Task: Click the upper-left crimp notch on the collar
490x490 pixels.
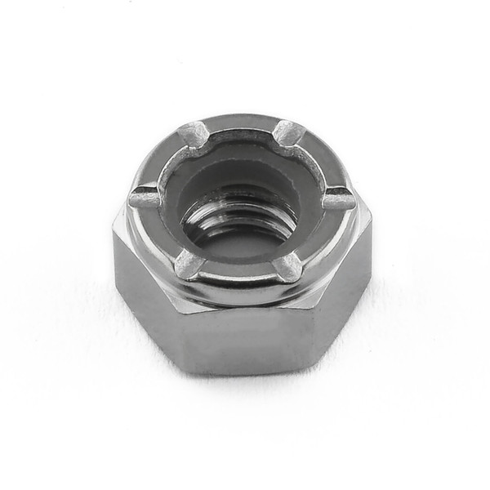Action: coord(194,134)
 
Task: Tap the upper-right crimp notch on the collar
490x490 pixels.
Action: coord(288,131)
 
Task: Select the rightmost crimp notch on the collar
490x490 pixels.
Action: coord(337,198)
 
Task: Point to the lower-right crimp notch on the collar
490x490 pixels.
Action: coord(288,265)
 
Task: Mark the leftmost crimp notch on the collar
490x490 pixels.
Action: coord(145,196)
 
